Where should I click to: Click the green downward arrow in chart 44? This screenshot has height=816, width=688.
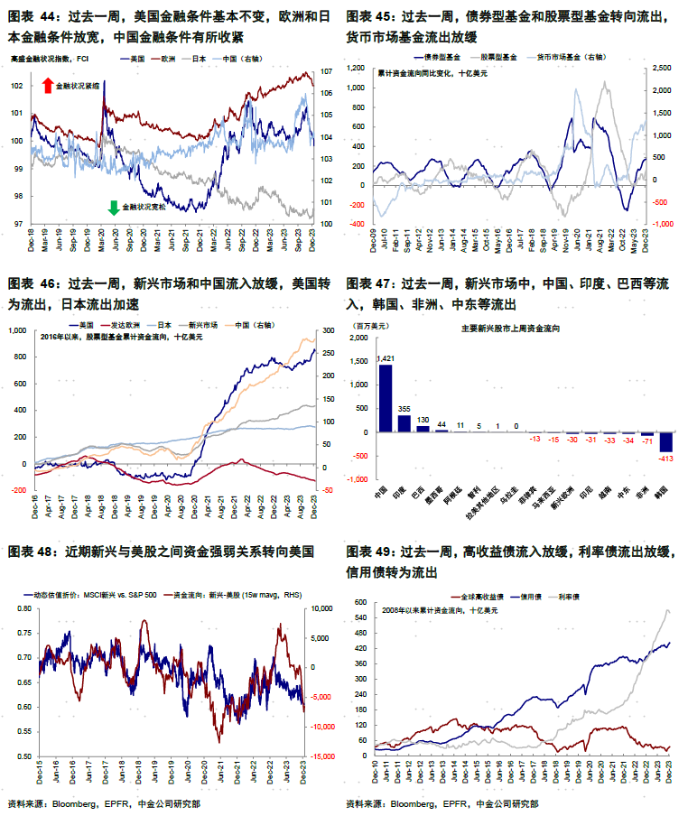(x=114, y=208)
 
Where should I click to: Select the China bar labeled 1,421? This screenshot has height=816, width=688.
(x=386, y=398)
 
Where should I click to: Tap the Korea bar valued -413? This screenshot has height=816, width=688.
(x=666, y=441)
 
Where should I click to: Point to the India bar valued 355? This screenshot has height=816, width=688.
(x=404, y=423)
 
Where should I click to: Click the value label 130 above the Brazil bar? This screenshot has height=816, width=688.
(x=423, y=419)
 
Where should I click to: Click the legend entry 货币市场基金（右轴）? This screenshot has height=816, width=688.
(x=573, y=57)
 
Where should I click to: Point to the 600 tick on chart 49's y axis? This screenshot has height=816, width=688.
(x=358, y=602)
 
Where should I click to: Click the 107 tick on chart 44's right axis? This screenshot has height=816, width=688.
(x=326, y=71)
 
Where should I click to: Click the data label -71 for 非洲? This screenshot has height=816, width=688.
(x=647, y=443)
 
